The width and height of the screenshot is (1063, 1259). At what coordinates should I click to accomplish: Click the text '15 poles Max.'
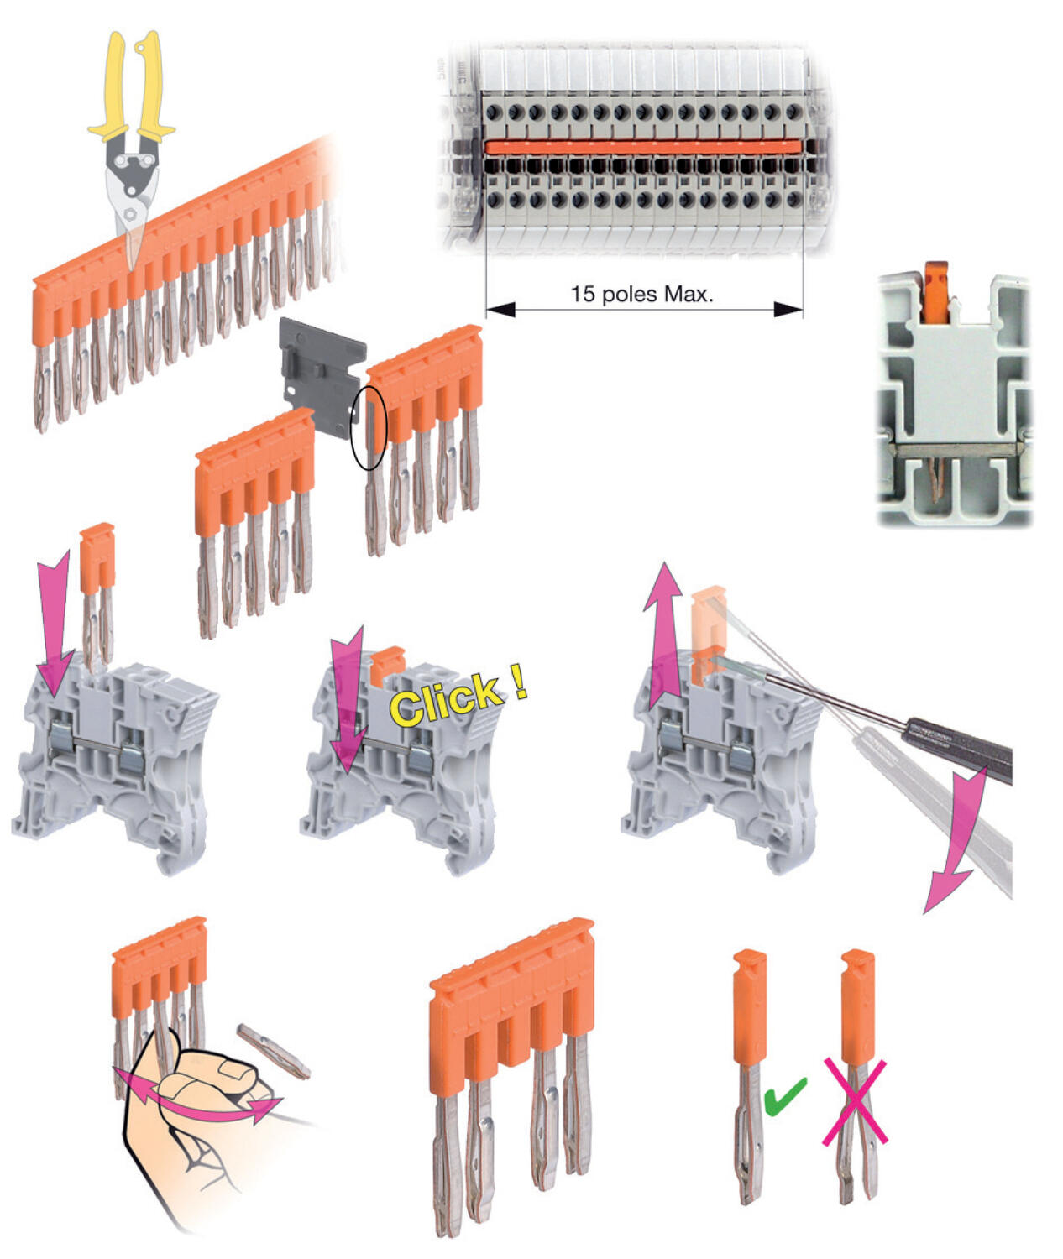point(641,294)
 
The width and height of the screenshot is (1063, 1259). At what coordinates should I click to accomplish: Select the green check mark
point(784,1095)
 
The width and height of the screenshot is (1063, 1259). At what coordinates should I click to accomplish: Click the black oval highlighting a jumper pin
point(369,427)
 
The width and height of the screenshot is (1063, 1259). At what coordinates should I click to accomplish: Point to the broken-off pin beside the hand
point(274,1049)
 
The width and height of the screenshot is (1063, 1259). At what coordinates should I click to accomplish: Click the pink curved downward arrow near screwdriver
point(957,848)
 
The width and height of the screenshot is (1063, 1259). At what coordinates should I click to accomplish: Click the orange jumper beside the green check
point(749,1007)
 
